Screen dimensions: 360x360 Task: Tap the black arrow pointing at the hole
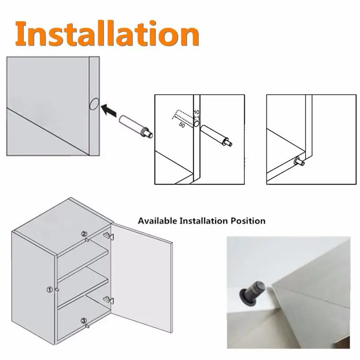coord(109,110)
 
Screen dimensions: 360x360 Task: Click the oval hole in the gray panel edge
coord(94,104)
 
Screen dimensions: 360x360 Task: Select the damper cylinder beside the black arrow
coord(135,126)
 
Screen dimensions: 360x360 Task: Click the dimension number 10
coord(196,112)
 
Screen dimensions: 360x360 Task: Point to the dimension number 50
coord(182,125)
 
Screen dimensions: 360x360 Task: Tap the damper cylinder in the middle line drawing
coord(216,135)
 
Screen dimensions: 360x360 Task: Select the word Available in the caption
coord(157,221)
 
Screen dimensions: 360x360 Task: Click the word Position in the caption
coord(248,221)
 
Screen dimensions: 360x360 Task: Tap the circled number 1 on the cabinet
coord(49,290)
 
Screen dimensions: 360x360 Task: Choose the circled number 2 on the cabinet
coord(84,234)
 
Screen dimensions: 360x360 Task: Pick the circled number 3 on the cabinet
coord(84,321)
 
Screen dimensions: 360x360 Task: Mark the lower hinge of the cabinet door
coord(108,300)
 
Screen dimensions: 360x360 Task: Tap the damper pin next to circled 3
coord(87,326)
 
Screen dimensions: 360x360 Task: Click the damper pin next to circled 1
coord(57,290)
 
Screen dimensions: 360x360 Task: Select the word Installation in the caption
coord(204,221)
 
